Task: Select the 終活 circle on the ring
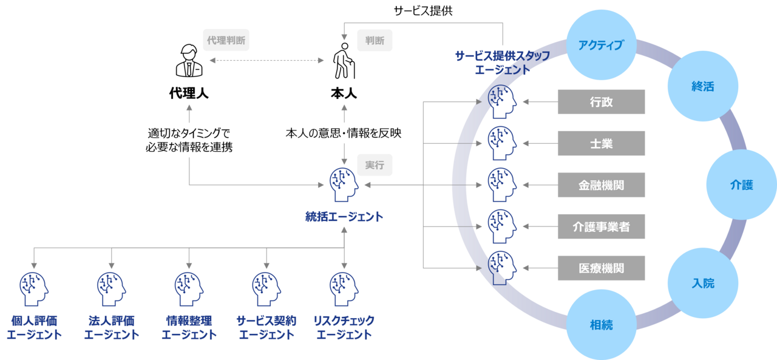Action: [702, 86]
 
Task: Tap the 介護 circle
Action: [741, 185]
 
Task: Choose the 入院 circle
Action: [703, 284]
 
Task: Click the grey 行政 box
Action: [601, 102]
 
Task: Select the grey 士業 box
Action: [601, 144]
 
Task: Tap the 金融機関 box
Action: [601, 185]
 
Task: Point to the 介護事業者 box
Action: [601, 226]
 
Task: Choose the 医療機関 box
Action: [601, 268]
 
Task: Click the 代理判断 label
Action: [226, 41]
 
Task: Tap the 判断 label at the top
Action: [375, 41]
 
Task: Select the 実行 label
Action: [375, 165]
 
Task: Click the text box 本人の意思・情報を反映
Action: [344, 134]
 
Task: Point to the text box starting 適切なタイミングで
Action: [189, 140]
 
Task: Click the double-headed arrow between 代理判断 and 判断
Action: [266, 61]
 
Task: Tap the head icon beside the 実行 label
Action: [344, 185]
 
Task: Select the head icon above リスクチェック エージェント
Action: [344, 288]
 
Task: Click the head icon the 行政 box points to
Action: [503, 101]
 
